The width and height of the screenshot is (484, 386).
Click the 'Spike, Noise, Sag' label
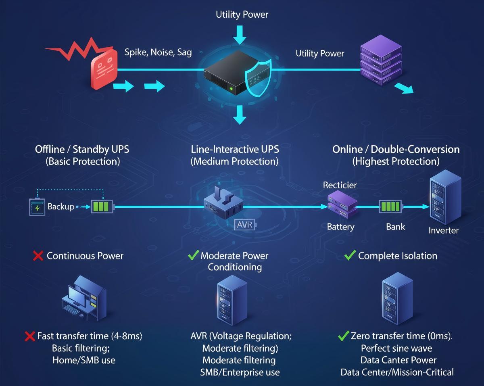coord(158,52)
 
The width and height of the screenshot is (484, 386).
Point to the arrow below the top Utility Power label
coord(240,35)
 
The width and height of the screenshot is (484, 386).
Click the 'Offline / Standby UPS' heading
coord(82,149)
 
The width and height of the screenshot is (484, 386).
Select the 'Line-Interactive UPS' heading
coord(235,149)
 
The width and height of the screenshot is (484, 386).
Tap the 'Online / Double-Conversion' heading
coord(396,149)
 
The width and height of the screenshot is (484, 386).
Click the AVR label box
coord(244,225)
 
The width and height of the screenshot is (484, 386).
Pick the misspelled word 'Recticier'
coord(340,185)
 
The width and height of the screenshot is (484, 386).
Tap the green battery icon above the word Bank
coord(391,207)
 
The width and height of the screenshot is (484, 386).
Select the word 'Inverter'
coord(443,230)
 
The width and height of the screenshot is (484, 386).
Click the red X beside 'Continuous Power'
coord(38,256)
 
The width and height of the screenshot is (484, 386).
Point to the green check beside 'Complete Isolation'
coord(350,255)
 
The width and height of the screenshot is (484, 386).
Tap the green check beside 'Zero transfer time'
coord(343,336)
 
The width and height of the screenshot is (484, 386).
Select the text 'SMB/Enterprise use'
coord(240,372)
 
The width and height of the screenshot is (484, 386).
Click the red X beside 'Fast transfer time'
coord(29,336)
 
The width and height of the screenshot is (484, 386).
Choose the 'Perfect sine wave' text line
coord(396,348)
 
